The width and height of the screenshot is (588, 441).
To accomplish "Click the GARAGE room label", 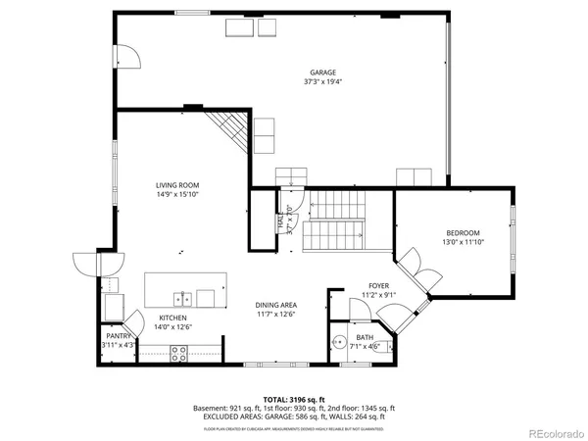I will coord(323,73).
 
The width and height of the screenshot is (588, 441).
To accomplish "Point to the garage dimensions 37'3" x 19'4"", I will coord(323,83).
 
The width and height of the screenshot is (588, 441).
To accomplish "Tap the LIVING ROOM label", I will coord(177,185).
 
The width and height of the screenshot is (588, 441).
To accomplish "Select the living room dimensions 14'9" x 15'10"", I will coord(177,196).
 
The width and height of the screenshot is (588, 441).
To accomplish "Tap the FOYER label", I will coord(379,284).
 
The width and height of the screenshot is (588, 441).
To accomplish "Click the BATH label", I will coord(365,336).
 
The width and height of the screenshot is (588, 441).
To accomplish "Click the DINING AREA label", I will coord(276,305).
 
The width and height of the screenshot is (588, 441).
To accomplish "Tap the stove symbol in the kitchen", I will coord(179,355).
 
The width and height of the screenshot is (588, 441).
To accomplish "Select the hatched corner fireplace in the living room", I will coord(229,128).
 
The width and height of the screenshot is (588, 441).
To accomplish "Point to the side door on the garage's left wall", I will coord(126,57).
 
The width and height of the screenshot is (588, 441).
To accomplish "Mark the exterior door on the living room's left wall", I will coord(86,265).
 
